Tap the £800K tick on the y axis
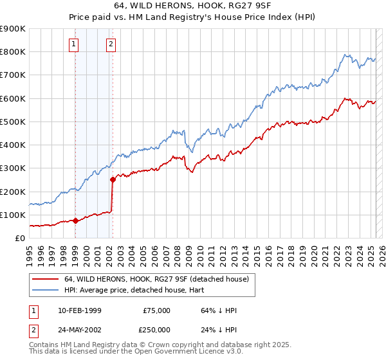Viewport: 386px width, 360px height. click(13, 52)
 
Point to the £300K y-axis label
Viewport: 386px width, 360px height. click(13, 168)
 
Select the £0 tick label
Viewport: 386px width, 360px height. click(20, 239)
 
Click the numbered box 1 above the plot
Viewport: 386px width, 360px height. click(75, 44)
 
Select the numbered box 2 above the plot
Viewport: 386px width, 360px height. click(111, 44)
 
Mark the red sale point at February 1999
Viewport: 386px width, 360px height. click(75, 221)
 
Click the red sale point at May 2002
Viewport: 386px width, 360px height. click(113, 180)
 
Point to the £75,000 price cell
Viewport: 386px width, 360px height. click(156, 310)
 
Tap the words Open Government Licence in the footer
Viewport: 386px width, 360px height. click(182, 352)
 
